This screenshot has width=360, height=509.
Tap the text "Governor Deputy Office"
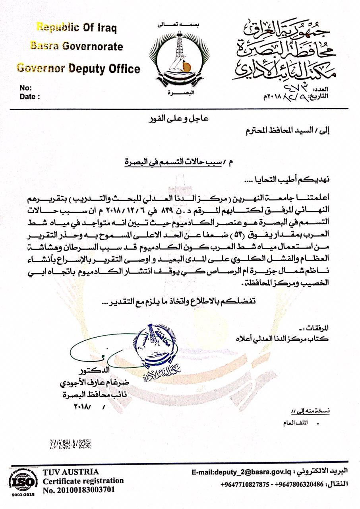click(x=78, y=68)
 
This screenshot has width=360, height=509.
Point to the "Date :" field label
click(x=29, y=96)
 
